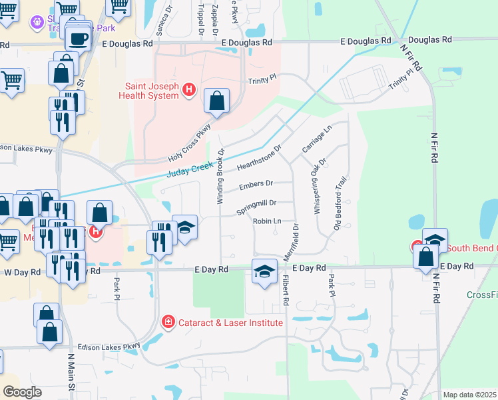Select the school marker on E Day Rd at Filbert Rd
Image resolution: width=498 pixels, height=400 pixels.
pos(264,271)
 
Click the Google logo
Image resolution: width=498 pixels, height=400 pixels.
pos(21,392)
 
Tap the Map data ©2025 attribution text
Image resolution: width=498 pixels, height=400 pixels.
pos(469,395)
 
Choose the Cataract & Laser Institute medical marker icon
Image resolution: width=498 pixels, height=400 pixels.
pos(168,322)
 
